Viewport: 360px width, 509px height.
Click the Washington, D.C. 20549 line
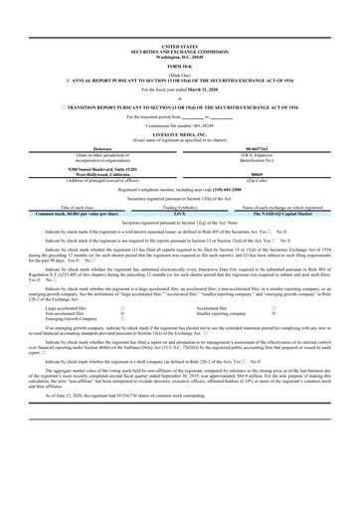179,55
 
